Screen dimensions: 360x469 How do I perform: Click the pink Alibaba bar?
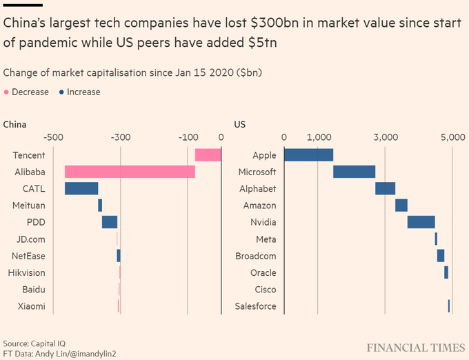130,172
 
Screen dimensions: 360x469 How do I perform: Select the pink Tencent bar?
208,155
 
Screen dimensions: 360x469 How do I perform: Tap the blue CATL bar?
81,188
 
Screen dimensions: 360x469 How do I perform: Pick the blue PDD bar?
110,222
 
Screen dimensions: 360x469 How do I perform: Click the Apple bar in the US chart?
308,155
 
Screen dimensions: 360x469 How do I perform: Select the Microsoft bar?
355,172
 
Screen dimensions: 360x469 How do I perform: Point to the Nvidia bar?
421,222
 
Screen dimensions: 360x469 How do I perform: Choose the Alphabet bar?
385,188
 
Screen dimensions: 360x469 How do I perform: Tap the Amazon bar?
401,206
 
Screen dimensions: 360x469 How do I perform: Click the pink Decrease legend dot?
8,92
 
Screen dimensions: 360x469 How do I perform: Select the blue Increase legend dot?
62,92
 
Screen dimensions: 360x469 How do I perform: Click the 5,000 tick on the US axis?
452,138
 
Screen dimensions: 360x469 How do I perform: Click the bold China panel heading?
15,125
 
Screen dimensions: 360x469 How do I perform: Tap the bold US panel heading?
240,125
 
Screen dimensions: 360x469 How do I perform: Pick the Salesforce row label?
255,306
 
